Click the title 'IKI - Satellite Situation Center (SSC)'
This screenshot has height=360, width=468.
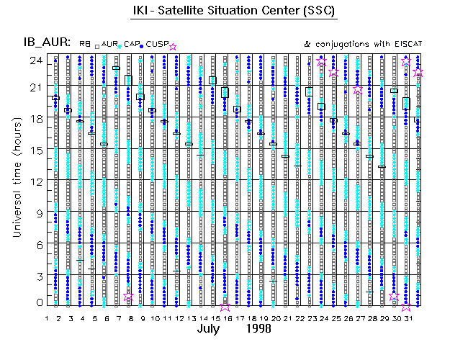(234, 12)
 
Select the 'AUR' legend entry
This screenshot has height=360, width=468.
(109, 45)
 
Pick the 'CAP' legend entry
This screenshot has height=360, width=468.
(131, 45)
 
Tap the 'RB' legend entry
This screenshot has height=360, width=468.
(85, 45)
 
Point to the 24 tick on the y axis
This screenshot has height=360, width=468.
(35, 60)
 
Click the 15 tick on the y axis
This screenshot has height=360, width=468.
(35, 150)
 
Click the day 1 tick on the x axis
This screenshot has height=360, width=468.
(47, 317)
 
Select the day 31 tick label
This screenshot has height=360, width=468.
(406, 317)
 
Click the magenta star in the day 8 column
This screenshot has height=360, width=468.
(128, 296)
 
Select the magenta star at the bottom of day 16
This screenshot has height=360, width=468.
(225, 305)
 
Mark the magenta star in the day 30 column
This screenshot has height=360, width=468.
(394, 296)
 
